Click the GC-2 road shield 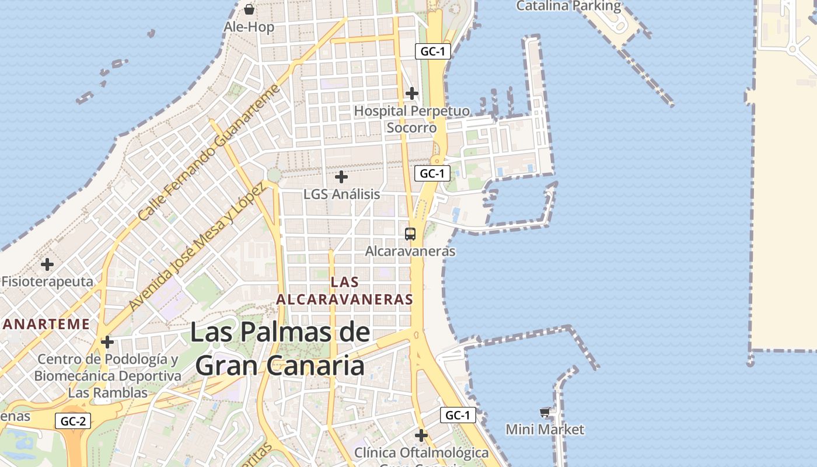pos(74,421)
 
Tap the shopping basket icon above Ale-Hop pos(249,9)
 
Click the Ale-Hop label pos(249,27)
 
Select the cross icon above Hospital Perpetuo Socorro pos(412,93)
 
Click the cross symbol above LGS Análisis pos(341,176)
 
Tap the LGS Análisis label pos(341,194)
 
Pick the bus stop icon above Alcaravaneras pos(410,234)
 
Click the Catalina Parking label pos(569,6)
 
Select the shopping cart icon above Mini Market pos(544,413)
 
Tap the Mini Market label pos(544,430)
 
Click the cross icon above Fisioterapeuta pos(47,264)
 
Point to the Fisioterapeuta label pos(47,281)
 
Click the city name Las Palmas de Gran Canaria pos(280,349)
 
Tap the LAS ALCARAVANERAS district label pos(344,291)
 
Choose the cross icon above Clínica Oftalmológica pos(421,435)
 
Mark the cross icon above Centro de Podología pos(107,342)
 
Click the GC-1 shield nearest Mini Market pos(458,415)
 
